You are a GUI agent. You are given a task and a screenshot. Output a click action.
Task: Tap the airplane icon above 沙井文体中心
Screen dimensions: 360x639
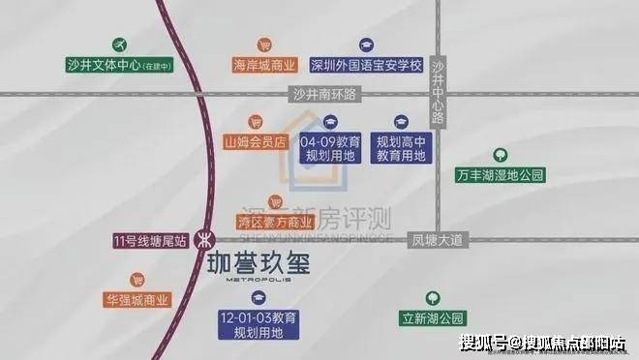120,45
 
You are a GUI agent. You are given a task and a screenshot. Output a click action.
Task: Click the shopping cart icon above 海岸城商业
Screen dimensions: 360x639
263,45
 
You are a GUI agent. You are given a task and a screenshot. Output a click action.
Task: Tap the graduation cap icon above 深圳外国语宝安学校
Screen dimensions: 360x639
366,45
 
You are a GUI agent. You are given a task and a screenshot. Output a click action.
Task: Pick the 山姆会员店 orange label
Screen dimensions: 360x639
255,141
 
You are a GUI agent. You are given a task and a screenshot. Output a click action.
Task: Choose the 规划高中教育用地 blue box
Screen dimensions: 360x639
401,148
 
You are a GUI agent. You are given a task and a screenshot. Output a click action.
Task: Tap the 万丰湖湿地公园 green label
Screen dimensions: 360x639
500,175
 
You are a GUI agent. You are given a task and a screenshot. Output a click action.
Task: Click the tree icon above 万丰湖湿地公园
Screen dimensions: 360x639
500,154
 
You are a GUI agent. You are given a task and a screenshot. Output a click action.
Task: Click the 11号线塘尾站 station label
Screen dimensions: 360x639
149,239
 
